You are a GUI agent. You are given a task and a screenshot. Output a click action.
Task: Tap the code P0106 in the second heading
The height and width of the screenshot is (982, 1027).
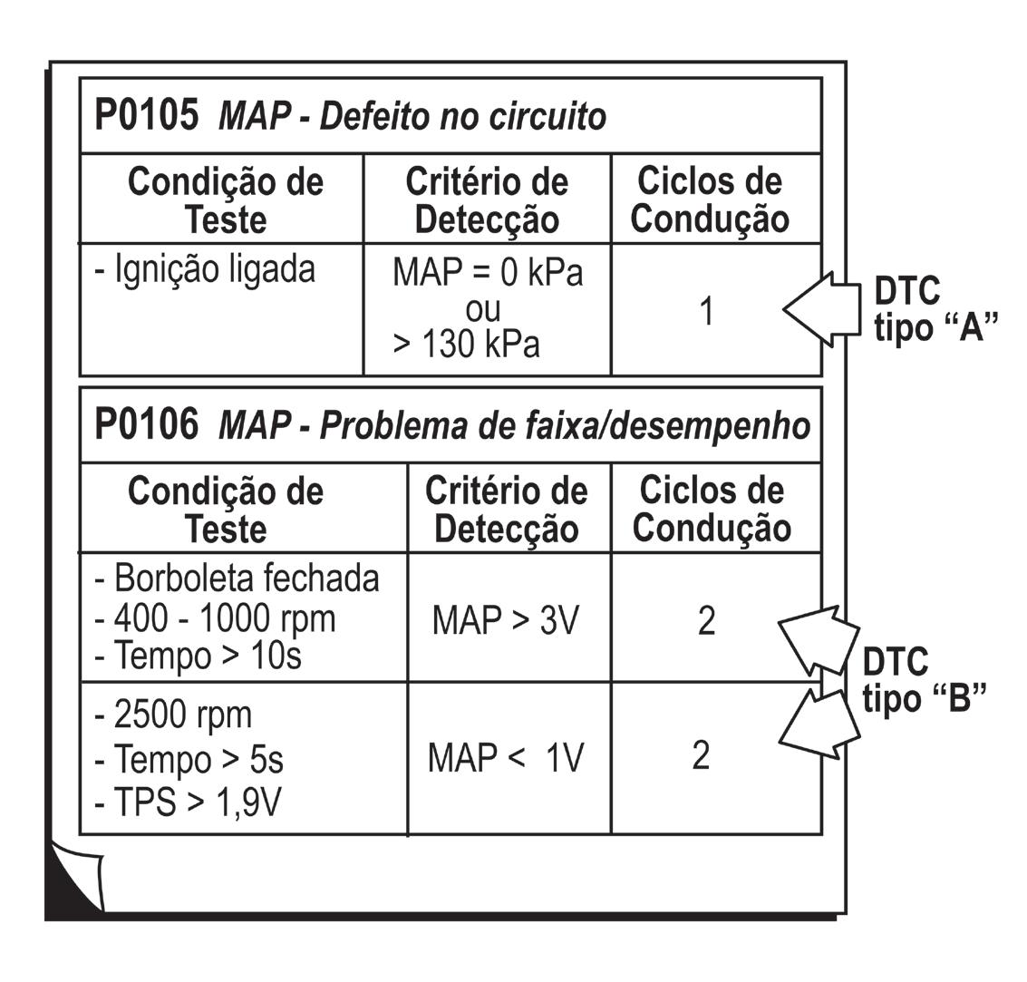pyautogui.click(x=146, y=425)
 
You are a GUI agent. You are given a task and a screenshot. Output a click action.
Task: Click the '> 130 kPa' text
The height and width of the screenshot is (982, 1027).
pyautogui.click(x=466, y=345)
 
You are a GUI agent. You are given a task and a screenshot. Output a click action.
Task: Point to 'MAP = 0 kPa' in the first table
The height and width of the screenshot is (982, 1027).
pyautogui.click(x=487, y=273)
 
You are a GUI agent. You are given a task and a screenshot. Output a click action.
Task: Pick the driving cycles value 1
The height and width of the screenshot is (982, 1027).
pyautogui.click(x=707, y=311)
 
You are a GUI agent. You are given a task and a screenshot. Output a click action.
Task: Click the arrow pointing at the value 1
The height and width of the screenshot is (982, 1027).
pyautogui.click(x=820, y=309)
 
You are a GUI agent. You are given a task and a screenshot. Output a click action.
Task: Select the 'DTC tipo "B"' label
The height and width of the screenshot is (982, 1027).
pyautogui.click(x=922, y=680)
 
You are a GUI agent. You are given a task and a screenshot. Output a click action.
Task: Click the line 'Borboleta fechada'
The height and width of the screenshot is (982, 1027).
pyautogui.click(x=237, y=579)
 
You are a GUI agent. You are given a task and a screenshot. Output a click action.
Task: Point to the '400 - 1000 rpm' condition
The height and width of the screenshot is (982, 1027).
pyautogui.click(x=216, y=618)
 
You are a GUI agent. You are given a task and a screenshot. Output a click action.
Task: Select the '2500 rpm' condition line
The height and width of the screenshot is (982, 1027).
pyautogui.click(x=173, y=715)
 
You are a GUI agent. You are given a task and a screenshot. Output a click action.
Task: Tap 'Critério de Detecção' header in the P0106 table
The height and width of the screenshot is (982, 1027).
pyautogui.click(x=507, y=510)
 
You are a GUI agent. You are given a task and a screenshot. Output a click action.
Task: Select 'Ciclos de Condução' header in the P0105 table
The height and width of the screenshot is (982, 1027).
pyautogui.click(x=710, y=200)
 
